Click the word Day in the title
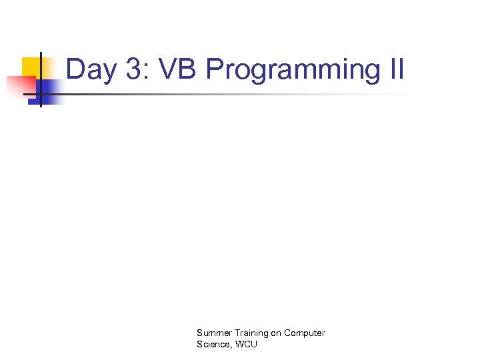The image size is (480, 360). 91,70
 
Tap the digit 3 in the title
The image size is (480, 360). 133,69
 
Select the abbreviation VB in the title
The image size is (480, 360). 178,69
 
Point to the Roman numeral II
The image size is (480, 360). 393,69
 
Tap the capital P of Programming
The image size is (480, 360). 214,69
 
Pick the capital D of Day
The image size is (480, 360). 75,69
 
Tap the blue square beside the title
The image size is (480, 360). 50,90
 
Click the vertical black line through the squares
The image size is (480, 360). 41,80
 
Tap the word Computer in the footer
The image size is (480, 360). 305,333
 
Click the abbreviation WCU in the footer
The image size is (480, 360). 245,344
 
